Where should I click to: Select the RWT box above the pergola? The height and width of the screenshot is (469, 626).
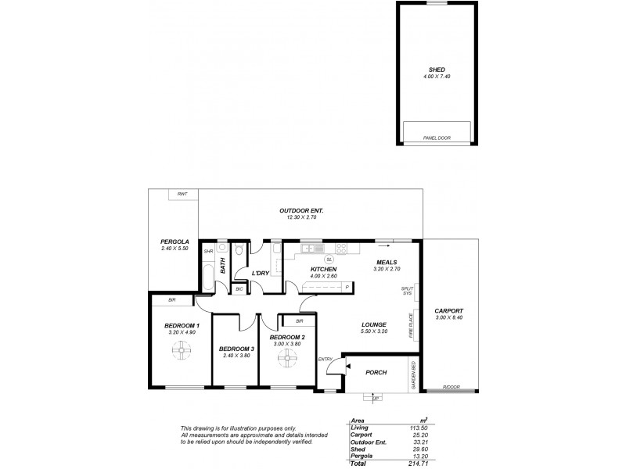click(182, 194)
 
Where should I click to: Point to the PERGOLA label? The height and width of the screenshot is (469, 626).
click(175, 242)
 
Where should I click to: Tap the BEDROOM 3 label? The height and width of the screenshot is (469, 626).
click(236, 349)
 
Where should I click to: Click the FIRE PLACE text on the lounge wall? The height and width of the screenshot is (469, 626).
click(409, 324)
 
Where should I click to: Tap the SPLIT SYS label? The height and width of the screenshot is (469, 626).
click(406, 292)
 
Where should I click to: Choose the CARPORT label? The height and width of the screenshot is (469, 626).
click(450, 311)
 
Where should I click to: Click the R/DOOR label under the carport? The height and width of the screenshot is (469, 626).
click(451, 388)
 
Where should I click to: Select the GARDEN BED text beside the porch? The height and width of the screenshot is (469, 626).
click(413, 374)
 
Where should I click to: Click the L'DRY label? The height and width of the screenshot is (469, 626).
click(261, 273)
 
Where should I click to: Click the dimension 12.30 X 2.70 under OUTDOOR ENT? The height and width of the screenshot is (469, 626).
click(301, 219)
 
